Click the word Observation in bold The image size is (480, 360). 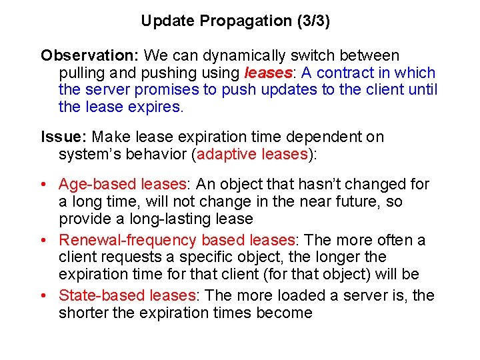(x=89, y=55)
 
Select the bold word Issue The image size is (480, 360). (x=62, y=137)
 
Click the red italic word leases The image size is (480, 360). (x=270, y=73)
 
